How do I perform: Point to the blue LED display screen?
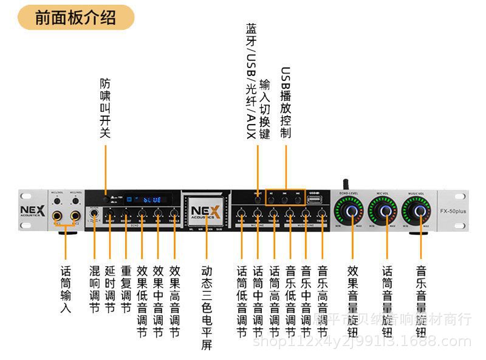click(148, 199)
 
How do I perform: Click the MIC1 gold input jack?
click(58, 216)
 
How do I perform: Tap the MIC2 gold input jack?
click(75, 216)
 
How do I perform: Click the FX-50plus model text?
click(453, 211)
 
